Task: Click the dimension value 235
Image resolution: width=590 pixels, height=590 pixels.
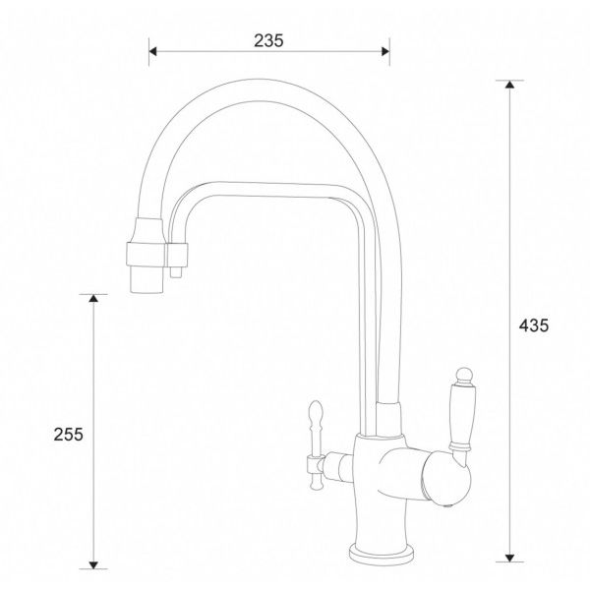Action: pos(268,40)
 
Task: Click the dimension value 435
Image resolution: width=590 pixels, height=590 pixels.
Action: pos(534,325)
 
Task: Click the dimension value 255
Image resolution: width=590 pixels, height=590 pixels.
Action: pos(68,435)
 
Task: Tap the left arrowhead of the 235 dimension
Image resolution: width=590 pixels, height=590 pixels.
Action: pos(152,51)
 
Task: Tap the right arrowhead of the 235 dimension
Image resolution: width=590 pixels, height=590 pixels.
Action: pos(385,51)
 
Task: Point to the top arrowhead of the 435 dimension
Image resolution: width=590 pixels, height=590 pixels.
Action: pos(509,85)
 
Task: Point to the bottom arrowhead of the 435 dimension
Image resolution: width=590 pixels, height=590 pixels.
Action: pos(509,558)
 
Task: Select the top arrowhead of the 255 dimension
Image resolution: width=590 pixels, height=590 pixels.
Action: pos(93,298)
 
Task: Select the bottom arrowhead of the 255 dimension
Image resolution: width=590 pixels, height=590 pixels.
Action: pos(93,564)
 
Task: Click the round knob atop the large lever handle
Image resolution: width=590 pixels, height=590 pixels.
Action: pos(464,375)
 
